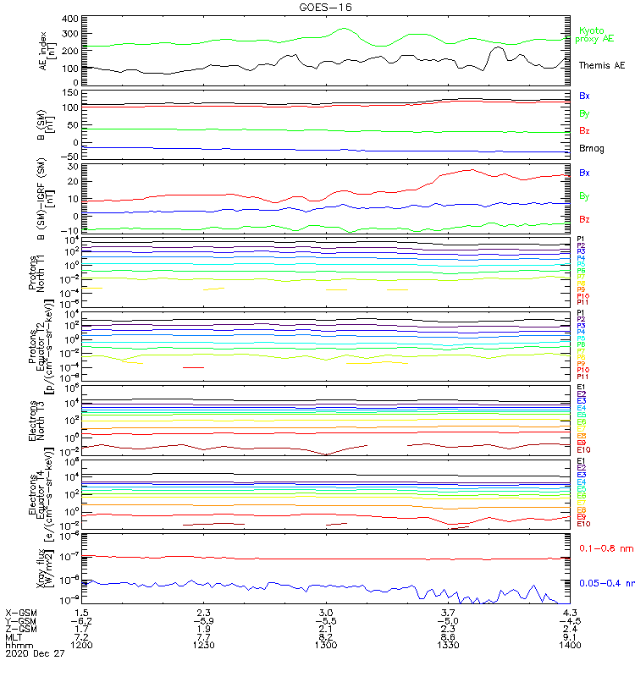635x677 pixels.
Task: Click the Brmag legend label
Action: pos(592,148)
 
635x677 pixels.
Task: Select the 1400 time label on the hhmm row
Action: pos(570,645)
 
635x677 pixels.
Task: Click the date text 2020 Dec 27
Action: pos(35,653)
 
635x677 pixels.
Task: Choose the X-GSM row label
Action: pos(21,612)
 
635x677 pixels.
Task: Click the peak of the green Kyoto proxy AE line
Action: pos(344,29)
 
